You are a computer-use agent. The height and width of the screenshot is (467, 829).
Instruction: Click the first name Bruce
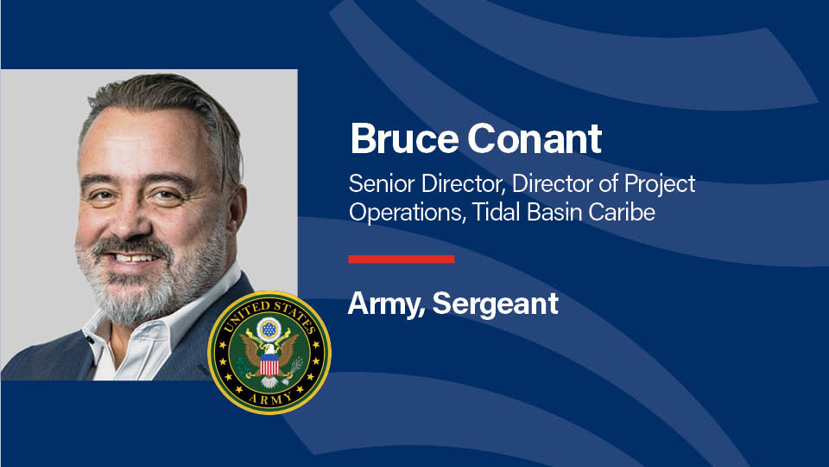(x=404, y=138)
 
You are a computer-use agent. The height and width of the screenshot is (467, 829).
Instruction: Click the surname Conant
(x=535, y=138)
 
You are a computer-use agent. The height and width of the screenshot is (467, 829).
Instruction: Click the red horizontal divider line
(x=402, y=259)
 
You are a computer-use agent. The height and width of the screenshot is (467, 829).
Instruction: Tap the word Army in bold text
(x=385, y=304)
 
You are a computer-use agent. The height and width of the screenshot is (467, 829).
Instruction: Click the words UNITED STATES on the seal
(x=269, y=313)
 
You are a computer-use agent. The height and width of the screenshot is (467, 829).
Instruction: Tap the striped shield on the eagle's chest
(x=269, y=364)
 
